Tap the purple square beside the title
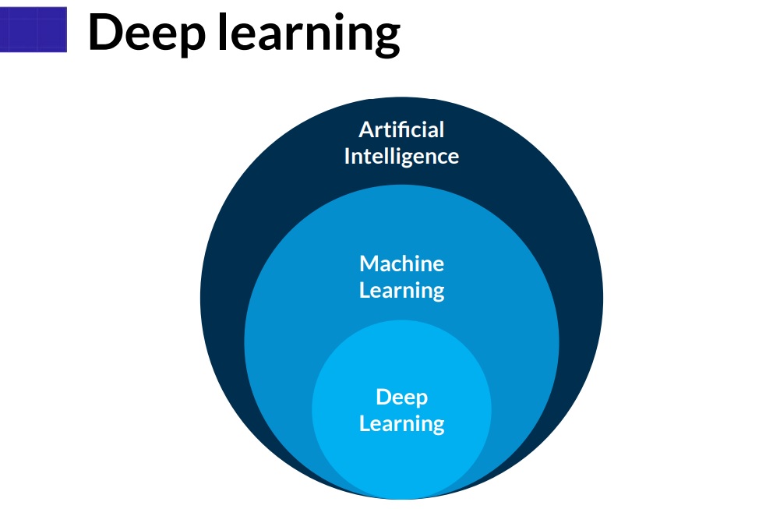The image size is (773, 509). click(34, 29)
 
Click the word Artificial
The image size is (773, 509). click(401, 129)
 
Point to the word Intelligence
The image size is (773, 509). click(401, 156)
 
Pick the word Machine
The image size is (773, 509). click(401, 263)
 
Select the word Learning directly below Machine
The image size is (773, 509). click(401, 291)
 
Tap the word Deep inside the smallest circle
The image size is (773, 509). click(401, 398)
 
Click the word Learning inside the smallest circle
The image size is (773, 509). click(401, 424)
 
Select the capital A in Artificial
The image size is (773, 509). click(365, 129)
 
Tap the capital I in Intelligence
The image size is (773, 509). click(347, 156)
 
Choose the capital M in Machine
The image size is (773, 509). click(369, 263)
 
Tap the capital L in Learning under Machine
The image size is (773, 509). click(364, 291)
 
